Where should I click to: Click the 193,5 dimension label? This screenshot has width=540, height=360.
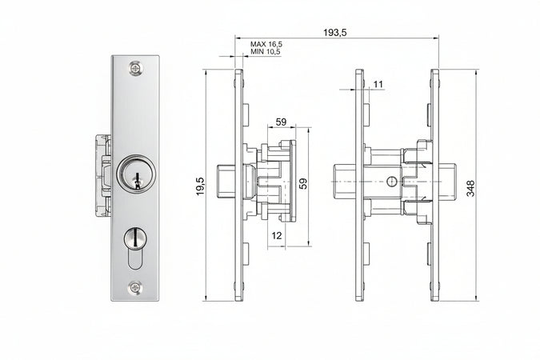point(334,33)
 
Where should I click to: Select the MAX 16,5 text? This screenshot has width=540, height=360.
point(266,45)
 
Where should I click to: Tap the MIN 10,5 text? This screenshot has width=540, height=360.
point(265,52)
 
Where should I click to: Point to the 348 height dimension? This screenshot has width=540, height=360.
point(470,188)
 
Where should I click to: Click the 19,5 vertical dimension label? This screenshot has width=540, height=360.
point(201,186)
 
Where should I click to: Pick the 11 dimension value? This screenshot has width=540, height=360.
point(378,85)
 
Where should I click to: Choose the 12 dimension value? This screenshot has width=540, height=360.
point(277,236)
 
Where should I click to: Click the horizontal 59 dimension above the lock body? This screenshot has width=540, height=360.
point(281,122)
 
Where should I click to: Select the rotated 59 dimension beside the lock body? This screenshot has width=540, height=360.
point(302,183)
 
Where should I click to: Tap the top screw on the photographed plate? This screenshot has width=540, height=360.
point(136,68)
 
